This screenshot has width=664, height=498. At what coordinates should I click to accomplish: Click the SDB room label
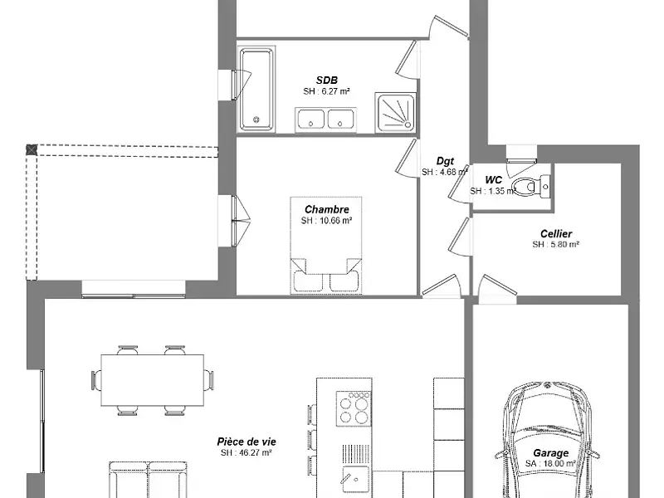pos(325,79)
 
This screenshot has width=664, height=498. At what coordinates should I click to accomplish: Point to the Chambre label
pos(326,209)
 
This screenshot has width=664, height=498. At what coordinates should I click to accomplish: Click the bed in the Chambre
pos(326,245)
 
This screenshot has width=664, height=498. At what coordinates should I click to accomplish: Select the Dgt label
pos(445,161)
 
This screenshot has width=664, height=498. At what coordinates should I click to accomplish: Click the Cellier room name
pos(555,234)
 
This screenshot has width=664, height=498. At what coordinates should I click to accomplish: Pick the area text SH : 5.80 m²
pos(555,245)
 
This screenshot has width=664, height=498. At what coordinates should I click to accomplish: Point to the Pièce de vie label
pos(246,442)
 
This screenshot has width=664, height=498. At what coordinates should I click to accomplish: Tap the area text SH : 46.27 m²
pos(246,453)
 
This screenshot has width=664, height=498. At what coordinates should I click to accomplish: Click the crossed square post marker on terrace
pos(32,149)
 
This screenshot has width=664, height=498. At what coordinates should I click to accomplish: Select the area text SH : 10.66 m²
pos(326,221)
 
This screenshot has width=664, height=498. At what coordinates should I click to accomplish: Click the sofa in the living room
pos(148,481)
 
